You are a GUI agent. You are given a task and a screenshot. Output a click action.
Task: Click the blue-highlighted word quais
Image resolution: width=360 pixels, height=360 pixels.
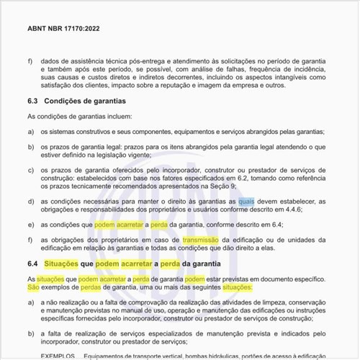click(x=246, y=201)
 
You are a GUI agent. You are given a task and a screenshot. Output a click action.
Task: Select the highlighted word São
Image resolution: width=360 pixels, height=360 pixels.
click(x=32, y=287)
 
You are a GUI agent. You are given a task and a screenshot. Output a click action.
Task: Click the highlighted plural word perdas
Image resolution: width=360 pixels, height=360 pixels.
click(x=94, y=287)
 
